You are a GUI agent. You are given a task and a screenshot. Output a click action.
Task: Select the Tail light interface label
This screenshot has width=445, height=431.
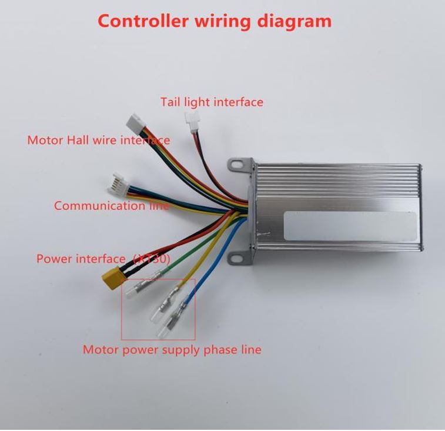click(212, 102)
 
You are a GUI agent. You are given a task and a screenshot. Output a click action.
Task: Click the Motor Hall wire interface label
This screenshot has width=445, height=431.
click(98, 140)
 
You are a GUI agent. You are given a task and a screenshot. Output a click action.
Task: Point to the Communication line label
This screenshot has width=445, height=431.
click(112, 206)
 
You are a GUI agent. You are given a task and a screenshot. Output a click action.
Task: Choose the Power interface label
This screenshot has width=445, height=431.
click(103, 259)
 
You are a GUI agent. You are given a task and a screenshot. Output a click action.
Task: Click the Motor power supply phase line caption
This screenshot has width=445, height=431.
click(172, 350)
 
